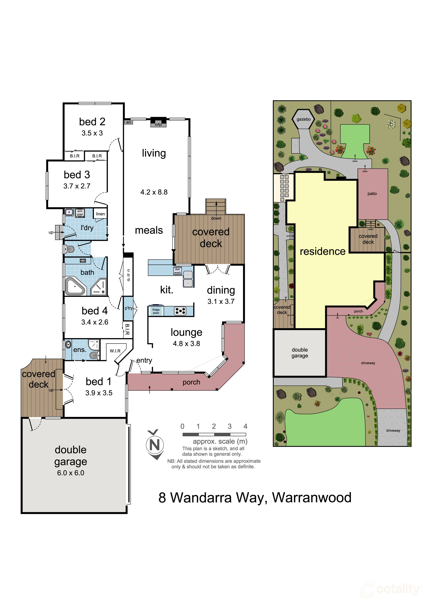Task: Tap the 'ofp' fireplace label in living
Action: (158, 124)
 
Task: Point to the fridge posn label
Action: (156, 311)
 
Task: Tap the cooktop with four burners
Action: (180, 311)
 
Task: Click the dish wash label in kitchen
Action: (178, 271)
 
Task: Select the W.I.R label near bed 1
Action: (115, 351)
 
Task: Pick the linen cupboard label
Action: (100, 214)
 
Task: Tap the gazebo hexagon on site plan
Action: (303, 119)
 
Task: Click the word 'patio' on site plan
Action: (372, 194)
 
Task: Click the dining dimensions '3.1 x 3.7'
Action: (221, 301)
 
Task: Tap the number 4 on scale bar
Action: (245, 426)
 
